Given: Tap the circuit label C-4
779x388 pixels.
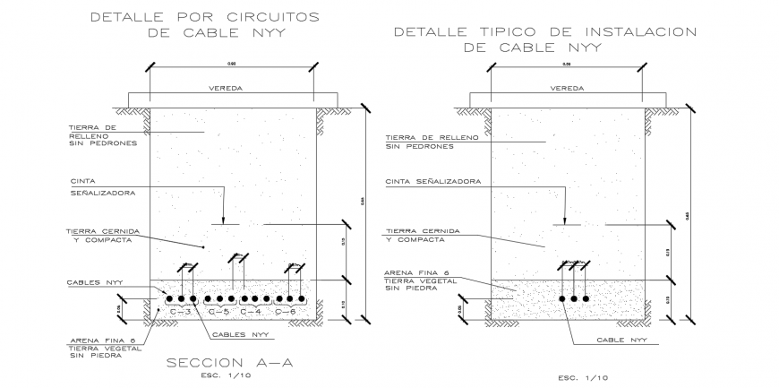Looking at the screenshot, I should pyautogui.click(x=253, y=312).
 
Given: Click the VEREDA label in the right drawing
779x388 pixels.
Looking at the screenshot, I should pyautogui.click(x=567, y=90).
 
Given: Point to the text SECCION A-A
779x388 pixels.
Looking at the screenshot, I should pyautogui.click(x=230, y=363).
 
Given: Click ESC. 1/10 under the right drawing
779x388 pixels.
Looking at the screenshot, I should pyautogui.click(x=583, y=377).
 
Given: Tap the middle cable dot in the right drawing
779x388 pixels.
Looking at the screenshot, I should pyautogui.click(x=574, y=298).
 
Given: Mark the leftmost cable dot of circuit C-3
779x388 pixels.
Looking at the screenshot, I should pyautogui.click(x=169, y=298).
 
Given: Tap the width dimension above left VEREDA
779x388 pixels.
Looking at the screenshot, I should pyautogui.click(x=232, y=64).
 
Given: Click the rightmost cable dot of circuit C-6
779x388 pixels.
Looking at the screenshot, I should pyautogui.click(x=303, y=298).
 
